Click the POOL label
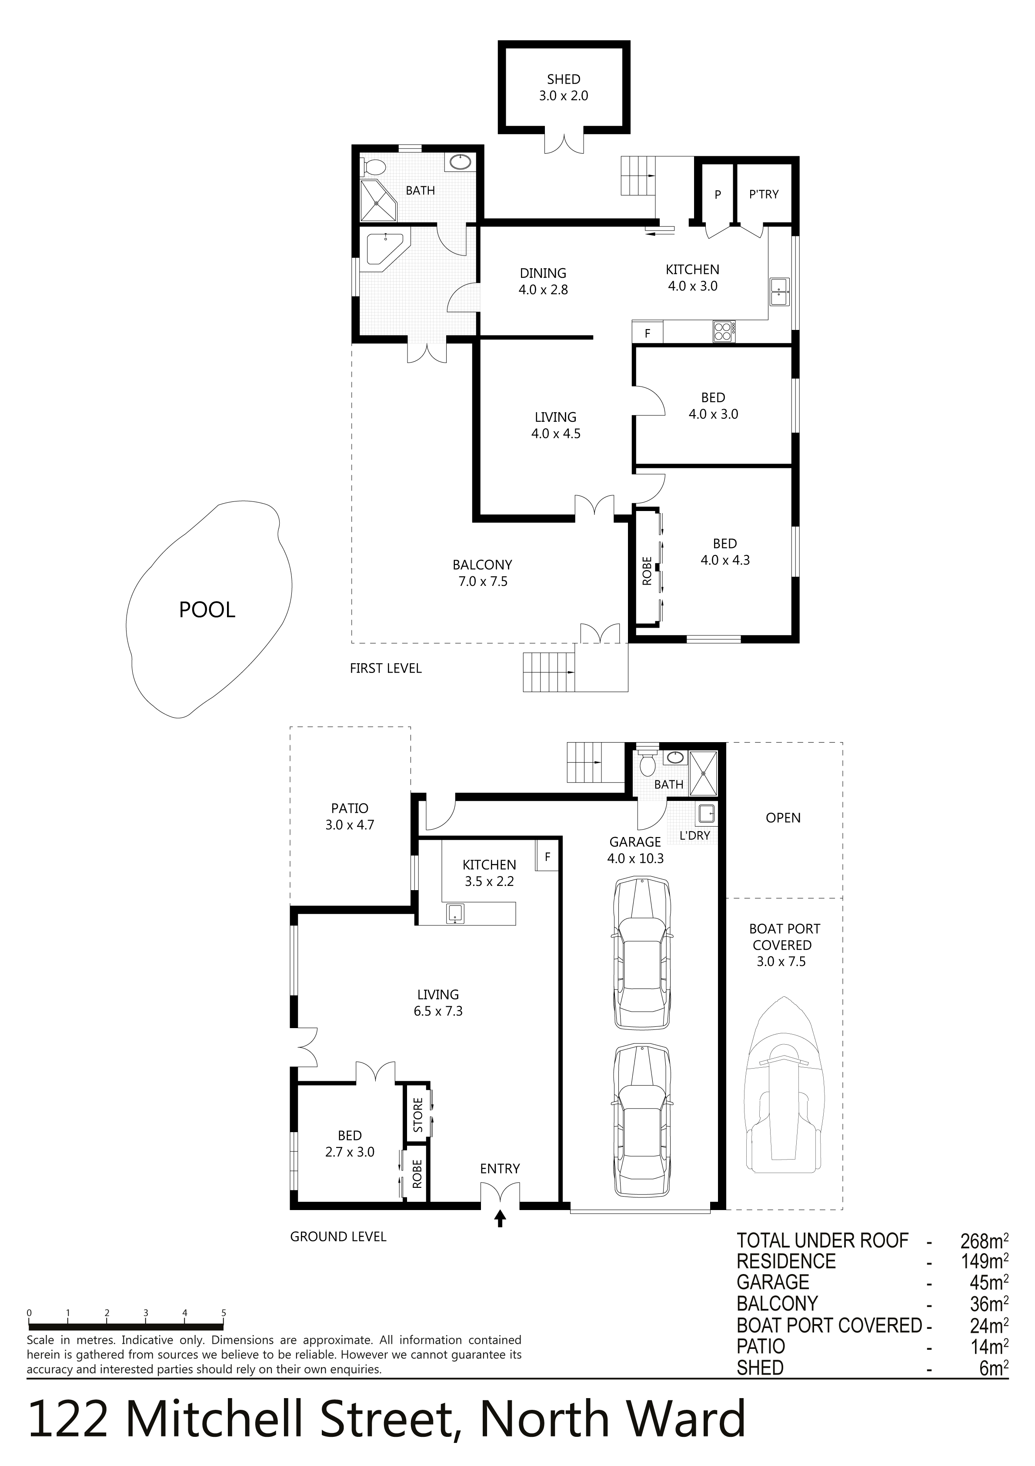click(207, 610)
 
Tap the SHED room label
click(564, 79)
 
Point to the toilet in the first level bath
click(373, 167)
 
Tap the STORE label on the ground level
click(418, 1115)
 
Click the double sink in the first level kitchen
click(779, 292)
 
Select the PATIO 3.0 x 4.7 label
click(349, 817)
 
